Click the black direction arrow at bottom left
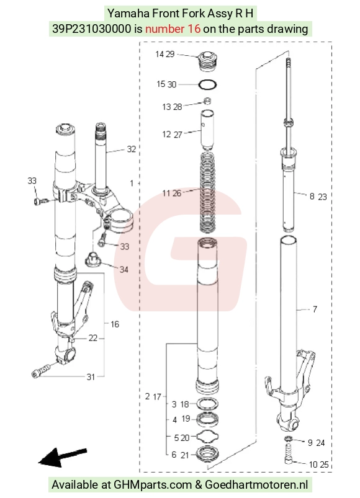62,457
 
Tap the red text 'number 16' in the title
173,29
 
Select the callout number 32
132,149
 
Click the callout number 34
124,270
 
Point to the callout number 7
315,309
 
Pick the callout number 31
91,377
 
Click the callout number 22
92,338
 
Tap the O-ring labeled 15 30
208,84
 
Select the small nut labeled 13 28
207,101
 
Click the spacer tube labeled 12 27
207,130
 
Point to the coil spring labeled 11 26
207,192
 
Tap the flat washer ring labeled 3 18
208,404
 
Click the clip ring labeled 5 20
208,437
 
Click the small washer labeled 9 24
288,439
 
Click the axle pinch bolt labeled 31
42,371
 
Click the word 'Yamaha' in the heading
128,14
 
